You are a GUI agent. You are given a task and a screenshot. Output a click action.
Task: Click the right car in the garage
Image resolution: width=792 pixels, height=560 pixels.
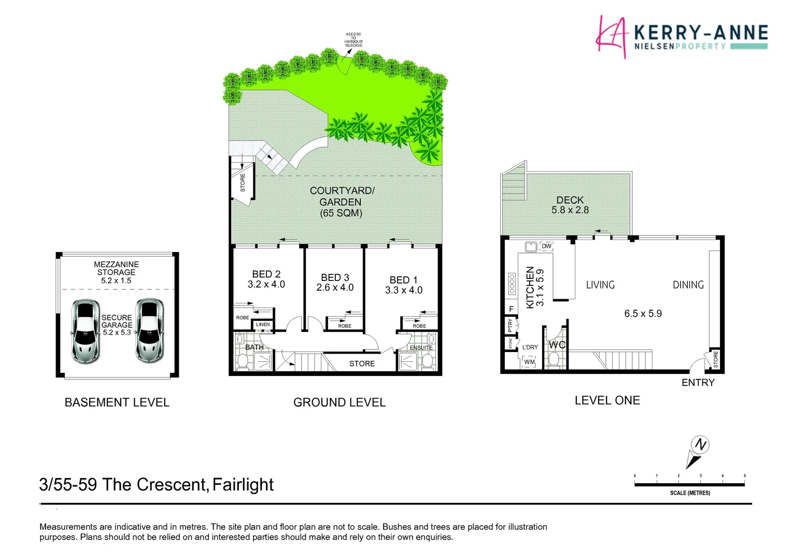[149, 330]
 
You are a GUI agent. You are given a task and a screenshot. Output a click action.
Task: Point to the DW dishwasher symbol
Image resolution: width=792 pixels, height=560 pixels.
[546, 246]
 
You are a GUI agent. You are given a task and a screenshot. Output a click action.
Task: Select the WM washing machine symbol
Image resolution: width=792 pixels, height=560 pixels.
[529, 362]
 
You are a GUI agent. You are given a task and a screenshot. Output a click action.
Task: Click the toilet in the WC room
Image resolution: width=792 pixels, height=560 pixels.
[554, 358]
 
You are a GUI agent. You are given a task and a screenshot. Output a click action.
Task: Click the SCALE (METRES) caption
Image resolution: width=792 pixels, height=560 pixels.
[690, 493]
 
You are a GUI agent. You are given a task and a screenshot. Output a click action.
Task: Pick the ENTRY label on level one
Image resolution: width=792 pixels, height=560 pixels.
[698, 383]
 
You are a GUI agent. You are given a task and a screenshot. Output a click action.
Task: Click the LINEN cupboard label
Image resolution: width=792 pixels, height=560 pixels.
[263, 325]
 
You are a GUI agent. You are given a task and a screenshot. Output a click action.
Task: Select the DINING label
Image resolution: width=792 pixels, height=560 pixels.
[688, 285]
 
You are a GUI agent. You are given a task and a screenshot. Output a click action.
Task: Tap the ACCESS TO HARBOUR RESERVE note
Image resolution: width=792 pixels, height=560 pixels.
[353, 40]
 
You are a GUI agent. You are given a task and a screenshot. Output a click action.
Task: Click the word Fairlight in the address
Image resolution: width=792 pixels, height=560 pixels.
[243, 484]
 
